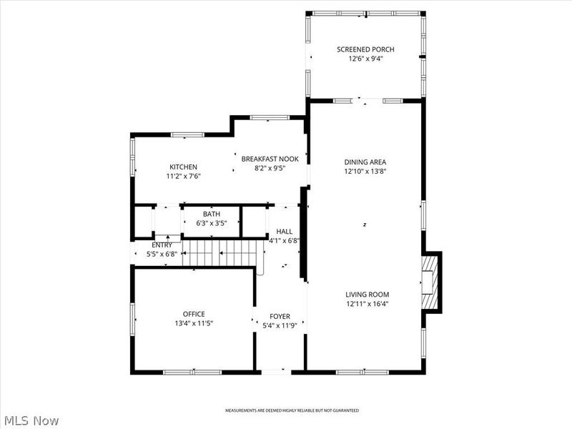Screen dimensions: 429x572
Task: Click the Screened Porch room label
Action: coord(365,49)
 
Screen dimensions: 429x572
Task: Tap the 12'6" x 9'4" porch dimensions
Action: coord(365,59)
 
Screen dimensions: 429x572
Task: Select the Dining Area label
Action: coord(365,162)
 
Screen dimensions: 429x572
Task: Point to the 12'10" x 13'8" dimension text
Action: coord(365,172)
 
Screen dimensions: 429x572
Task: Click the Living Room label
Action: coord(368,294)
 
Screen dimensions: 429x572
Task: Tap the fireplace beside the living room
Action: coord(431,282)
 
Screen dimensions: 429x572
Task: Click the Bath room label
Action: coord(211,214)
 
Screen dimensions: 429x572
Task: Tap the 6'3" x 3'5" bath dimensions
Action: coord(211,223)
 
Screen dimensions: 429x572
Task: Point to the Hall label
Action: coord(284,231)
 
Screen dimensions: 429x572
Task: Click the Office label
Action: coord(194,314)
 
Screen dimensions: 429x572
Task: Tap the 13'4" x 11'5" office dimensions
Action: coord(194,323)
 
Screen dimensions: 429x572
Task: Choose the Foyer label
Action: coord(279,316)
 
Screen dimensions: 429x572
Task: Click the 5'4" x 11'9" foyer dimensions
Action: coord(279,325)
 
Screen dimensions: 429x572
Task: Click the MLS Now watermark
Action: coord(30,421)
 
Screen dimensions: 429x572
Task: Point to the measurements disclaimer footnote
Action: coord(292,411)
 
